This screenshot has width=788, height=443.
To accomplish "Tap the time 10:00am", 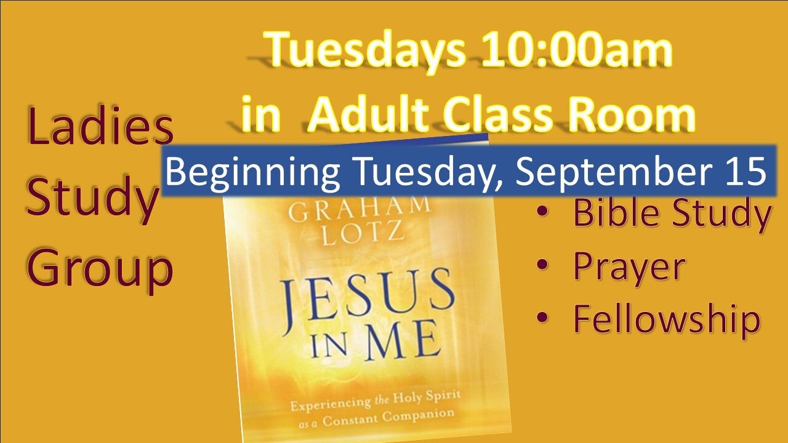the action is [577, 49].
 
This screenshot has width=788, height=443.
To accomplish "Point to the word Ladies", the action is [100, 125].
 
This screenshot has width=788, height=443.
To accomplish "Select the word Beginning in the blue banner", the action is [252, 172].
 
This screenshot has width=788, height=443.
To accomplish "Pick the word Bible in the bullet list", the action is [616, 212].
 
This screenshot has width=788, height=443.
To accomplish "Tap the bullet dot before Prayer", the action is [543, 264].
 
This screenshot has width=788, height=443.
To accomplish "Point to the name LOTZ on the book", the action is [363, 233].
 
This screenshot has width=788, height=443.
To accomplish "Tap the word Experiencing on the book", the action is [331, 403].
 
